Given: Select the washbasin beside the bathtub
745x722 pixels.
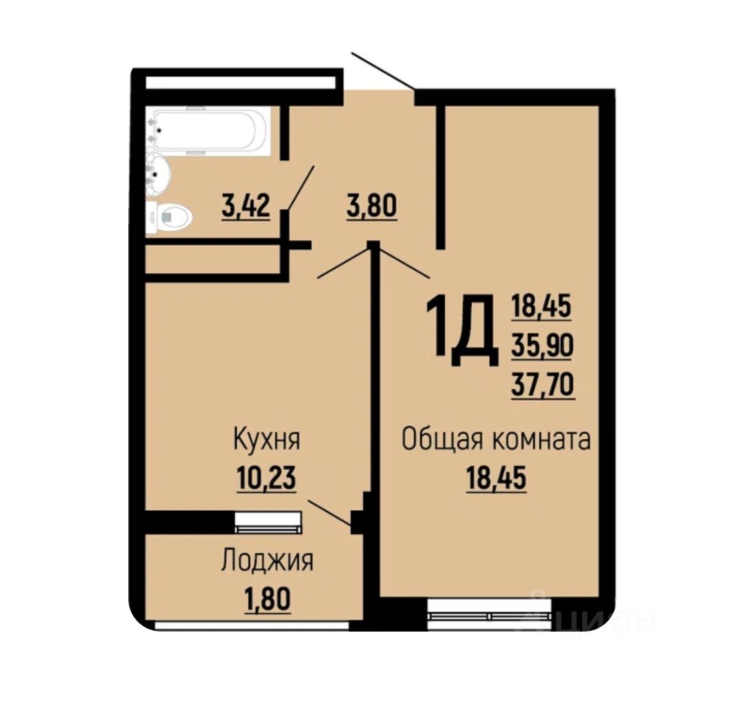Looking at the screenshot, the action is click(157, 173).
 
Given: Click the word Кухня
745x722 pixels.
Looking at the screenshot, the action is click(266, 439).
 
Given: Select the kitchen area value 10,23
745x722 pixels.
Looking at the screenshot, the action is click(266, 478).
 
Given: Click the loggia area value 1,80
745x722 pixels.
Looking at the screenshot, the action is click(267, 598).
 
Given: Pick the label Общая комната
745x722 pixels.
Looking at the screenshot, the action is click(496, 439).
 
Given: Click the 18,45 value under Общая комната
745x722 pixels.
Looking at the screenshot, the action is click(496, 478).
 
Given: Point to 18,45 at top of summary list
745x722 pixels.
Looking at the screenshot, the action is click(542, 306).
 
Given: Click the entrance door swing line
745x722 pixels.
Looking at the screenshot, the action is click(383, 71).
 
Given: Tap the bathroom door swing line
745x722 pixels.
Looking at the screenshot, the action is click(299, 187).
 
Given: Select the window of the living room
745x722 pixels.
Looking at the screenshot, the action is click(489, 614).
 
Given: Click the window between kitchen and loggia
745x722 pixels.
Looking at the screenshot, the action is click(268, 523).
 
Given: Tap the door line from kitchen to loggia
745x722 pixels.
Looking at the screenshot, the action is click(330, 512).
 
